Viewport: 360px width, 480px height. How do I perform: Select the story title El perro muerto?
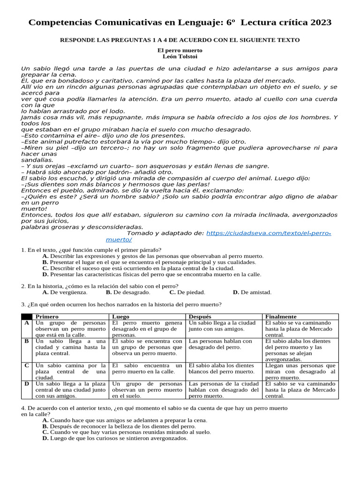180,50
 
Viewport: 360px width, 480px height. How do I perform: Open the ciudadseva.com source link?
268,233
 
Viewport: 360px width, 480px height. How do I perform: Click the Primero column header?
47,316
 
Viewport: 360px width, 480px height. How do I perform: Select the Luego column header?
121,316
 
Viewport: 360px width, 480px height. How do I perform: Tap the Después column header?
201,316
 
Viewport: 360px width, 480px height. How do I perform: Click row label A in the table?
27,323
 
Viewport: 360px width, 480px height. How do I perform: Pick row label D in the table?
27,383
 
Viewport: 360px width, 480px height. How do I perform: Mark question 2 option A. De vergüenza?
65,292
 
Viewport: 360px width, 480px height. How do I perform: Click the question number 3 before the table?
23,304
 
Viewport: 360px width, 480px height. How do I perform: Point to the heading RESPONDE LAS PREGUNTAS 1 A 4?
180,40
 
